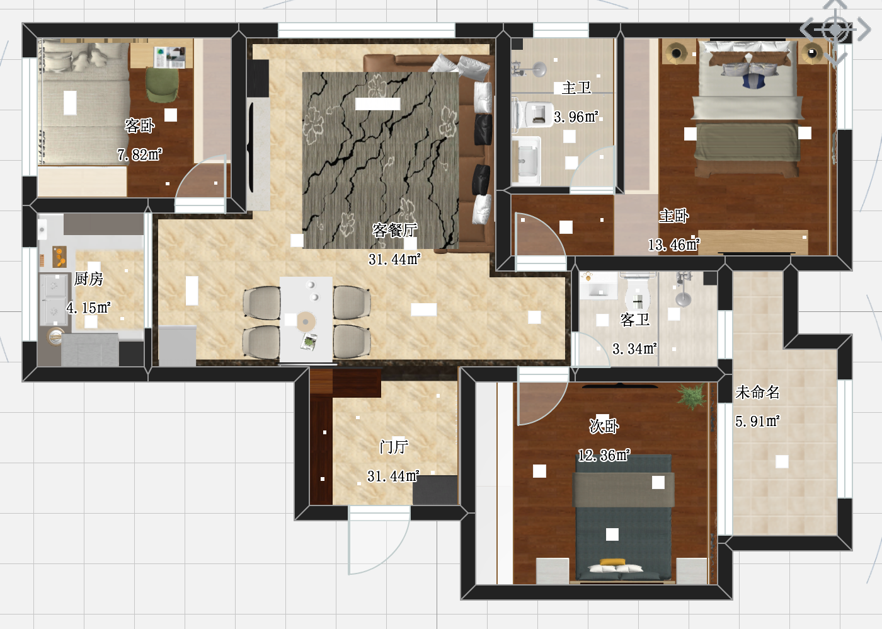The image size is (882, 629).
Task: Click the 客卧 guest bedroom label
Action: click(140, 125)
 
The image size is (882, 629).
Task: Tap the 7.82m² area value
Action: click(140, 154)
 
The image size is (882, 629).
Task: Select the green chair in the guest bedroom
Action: click(162, 84)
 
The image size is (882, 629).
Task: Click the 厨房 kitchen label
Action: click(89, 279)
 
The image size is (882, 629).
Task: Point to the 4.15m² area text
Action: click(89, 307)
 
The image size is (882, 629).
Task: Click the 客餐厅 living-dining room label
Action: click(394, 230)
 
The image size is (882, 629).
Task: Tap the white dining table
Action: click(306, 320)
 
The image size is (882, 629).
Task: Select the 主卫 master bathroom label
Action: click(576, 88)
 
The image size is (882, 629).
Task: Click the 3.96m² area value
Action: click(576, 117)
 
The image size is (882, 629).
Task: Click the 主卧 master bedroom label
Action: click(674, 216)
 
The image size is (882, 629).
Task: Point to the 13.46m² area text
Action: click(674, 245)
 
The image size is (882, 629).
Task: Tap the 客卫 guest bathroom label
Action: click(635, 320)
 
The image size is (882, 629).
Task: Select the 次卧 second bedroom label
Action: click(604, 426)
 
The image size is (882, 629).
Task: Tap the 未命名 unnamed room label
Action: click(757, 392)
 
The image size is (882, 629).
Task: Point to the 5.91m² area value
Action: click(757, 421)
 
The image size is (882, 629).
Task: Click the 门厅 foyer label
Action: click(394, 447)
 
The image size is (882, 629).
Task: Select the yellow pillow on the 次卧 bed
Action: click(612, 562)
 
